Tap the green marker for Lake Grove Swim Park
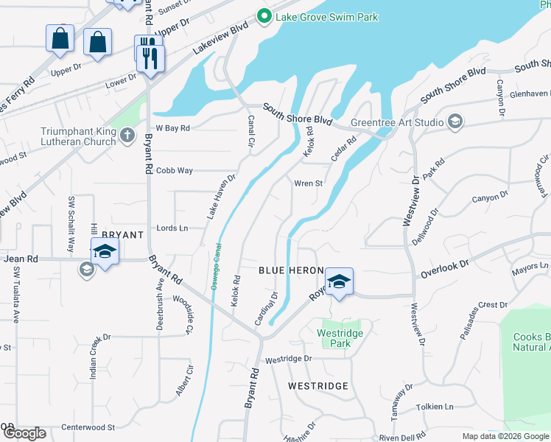[263, 15]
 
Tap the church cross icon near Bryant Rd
[127, 135]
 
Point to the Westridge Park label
[340, 338]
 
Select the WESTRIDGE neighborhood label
[317, 386]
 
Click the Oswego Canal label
[216, 266]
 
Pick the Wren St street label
[309, 183]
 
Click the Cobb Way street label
[174, 171]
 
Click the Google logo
[24, 433]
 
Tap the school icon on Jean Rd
[105, 252]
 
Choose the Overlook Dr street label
[445, 269]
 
